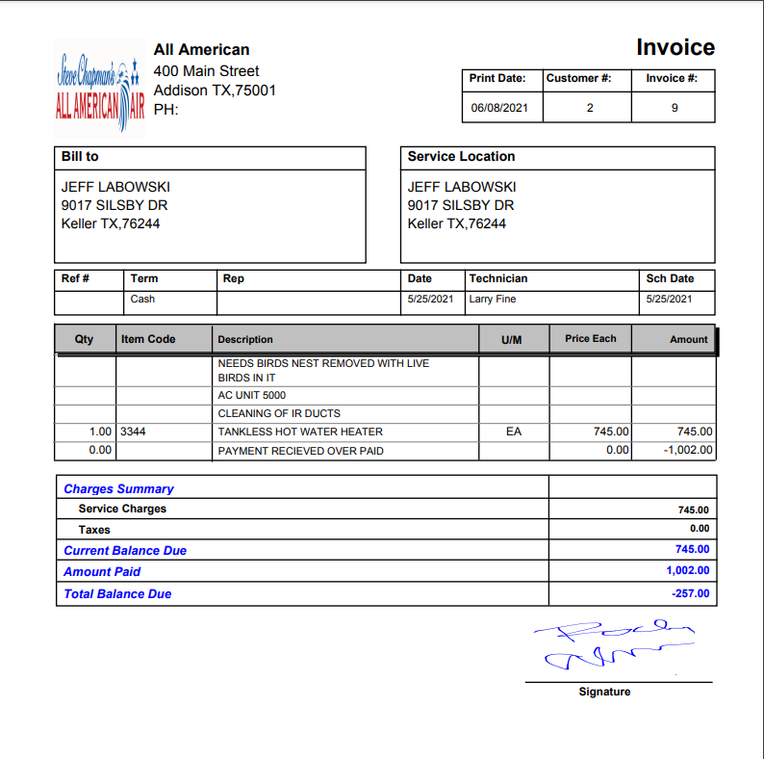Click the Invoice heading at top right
tap(675, 48)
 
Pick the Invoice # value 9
tap(675, 108)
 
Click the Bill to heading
tap(80, 156)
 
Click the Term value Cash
tap(142, 299)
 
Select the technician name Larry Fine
tap(493, 299)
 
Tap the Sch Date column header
tap(670, 278)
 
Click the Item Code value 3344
tap(134, 432)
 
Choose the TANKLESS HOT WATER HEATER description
tap(300, 432)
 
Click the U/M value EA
tap(513, 432)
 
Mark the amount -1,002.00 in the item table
tap(688, 450)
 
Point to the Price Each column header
tap(591, 338)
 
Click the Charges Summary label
tap(118, 488)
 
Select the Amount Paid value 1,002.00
tap(687, 570)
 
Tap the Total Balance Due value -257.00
tap(691, 593)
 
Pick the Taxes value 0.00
tap(700, 529)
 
